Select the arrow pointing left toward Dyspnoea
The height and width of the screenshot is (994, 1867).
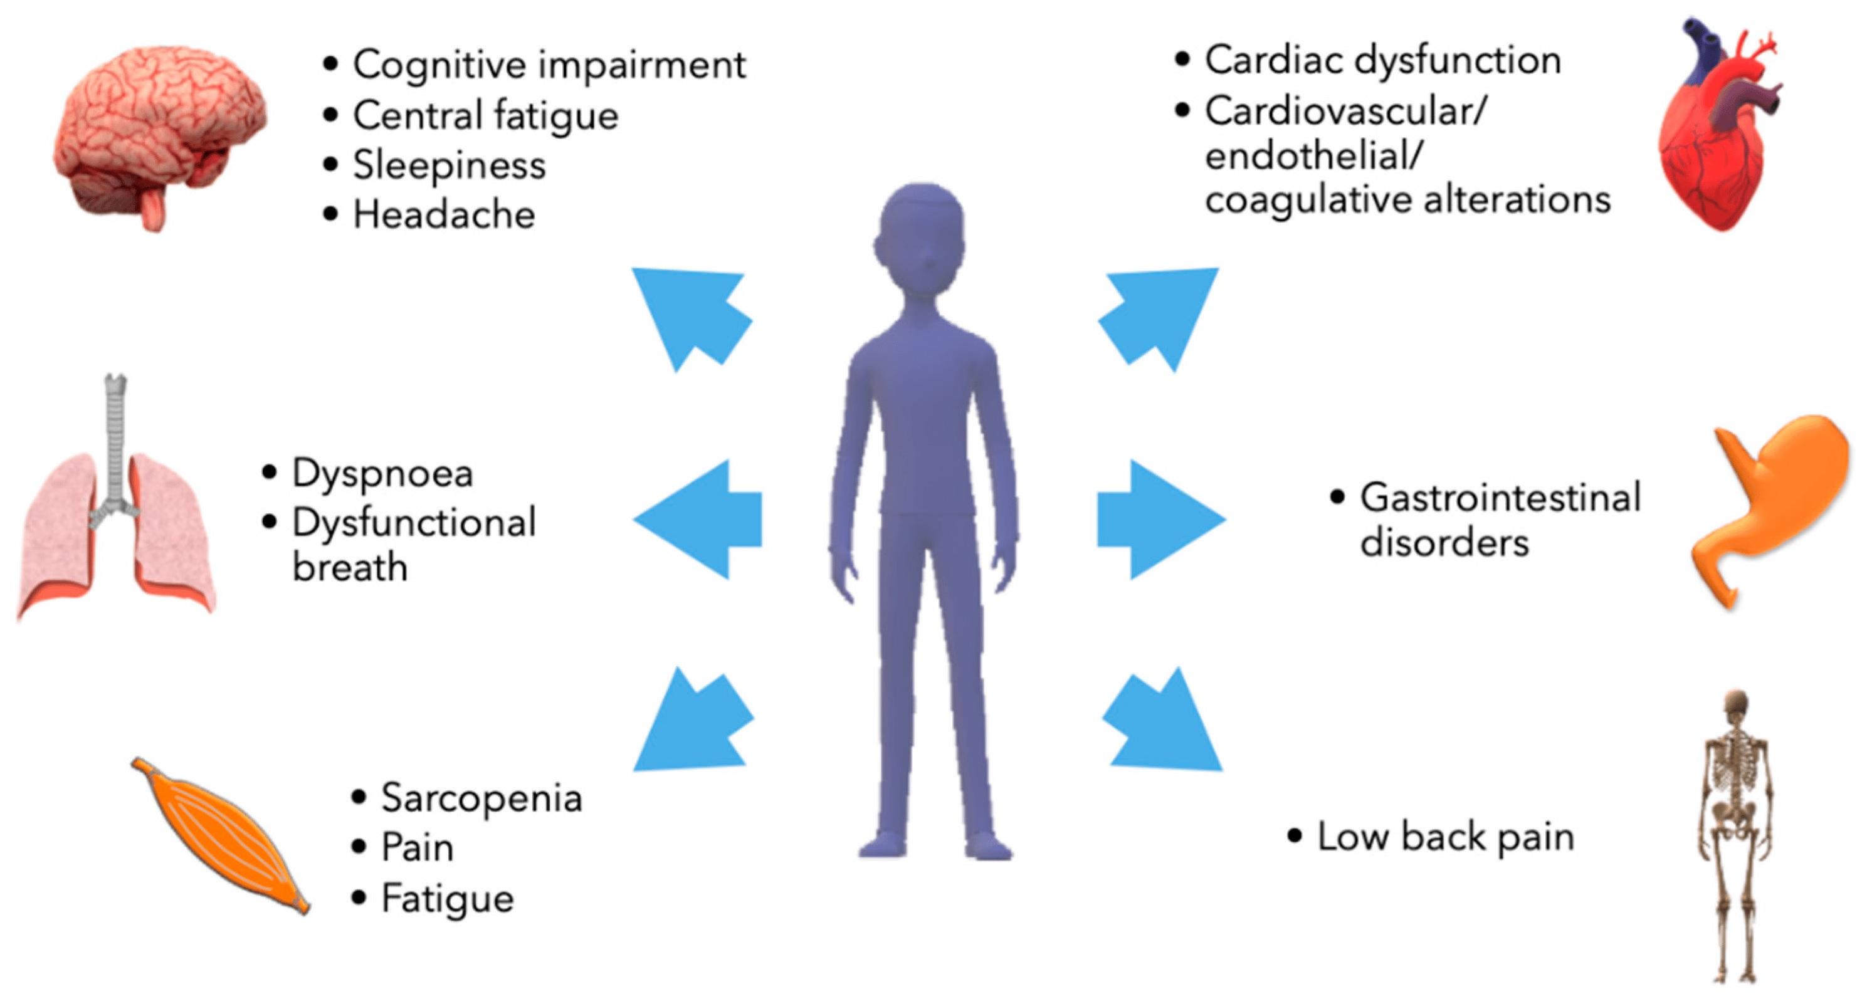point(700,519)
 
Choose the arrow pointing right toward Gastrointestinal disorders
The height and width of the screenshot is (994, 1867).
point(1160,519)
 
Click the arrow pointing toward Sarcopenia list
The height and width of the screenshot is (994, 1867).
point(692,725)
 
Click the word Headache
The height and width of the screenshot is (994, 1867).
point(444,215)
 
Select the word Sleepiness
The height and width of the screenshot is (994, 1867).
point(450,166)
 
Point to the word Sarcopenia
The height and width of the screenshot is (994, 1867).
point(482,799)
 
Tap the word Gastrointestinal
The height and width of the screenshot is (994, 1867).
point(1500,498)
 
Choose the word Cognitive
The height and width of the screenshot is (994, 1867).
point(440,65)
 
